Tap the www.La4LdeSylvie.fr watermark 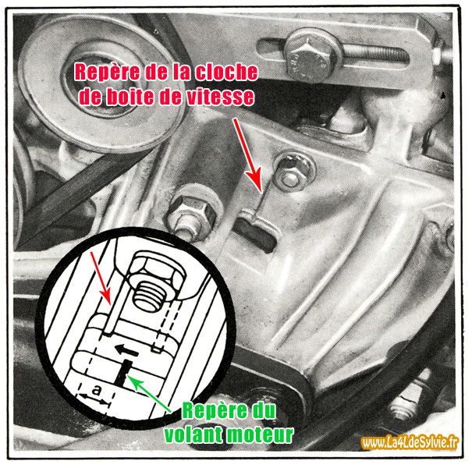[x=411, y=443]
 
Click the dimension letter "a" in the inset [x=94, y=388]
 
